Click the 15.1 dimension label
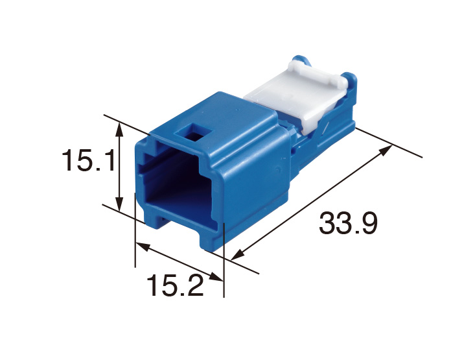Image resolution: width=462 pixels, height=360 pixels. tap(88, 160)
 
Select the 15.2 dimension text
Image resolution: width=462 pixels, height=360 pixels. tap(175, 285)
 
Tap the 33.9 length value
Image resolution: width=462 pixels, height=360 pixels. tap(348, 223)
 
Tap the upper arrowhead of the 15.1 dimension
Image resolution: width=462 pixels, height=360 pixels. tap(119, 130)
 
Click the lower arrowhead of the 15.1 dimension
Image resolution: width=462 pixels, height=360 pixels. tap(119, 204)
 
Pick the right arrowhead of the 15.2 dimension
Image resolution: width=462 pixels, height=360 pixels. tap(216, 277)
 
